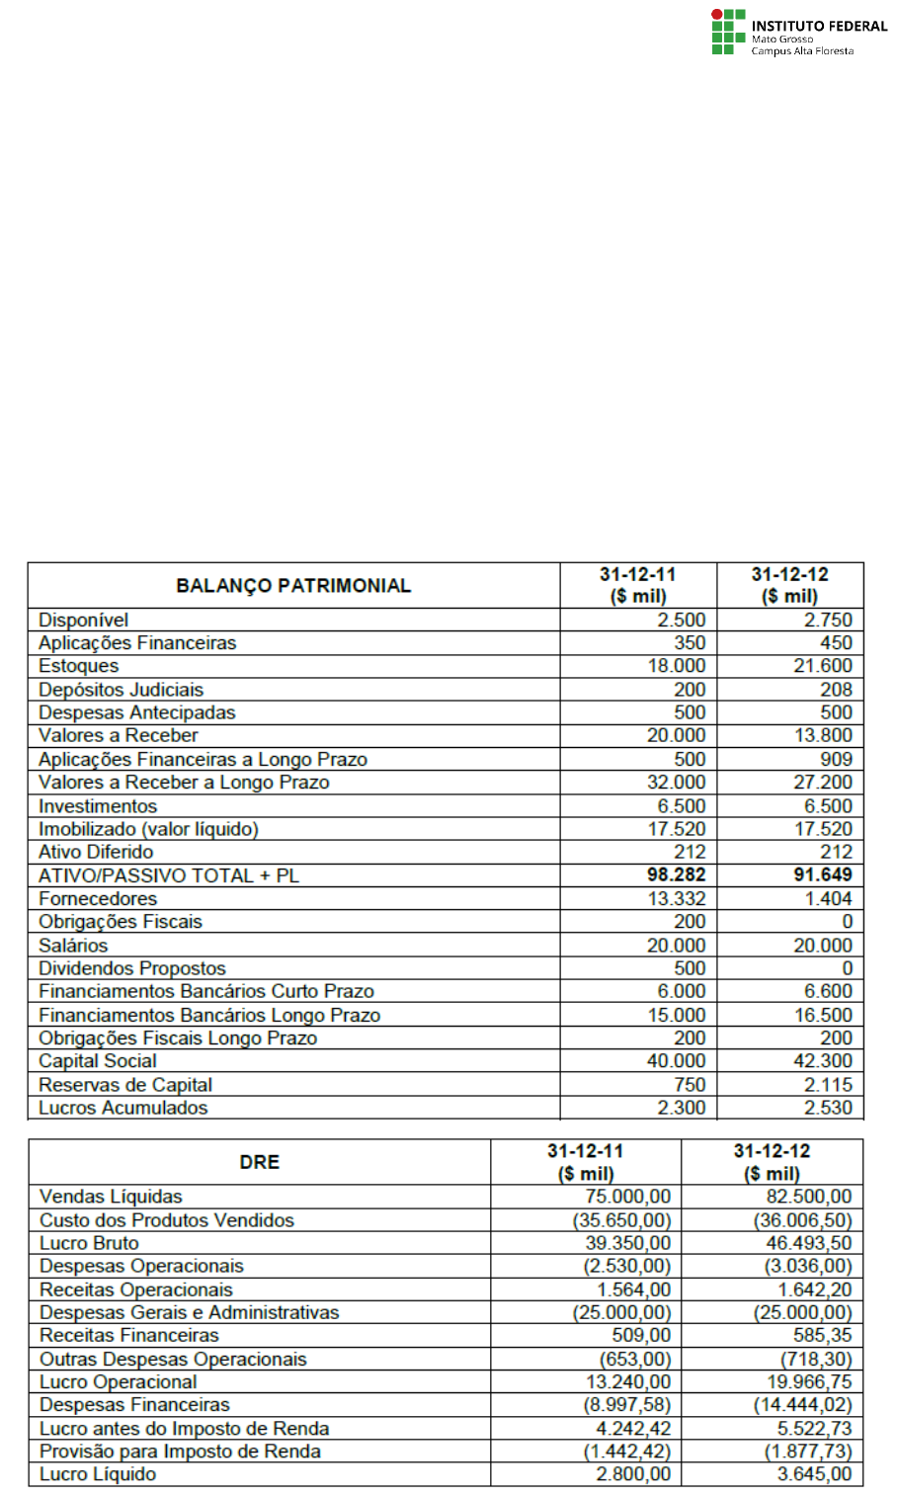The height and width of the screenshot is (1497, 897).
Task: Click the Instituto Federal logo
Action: (x=798, y=33)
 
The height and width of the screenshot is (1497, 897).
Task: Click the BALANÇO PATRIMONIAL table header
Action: (x=293, y=586)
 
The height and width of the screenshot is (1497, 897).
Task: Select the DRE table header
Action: (x=259, y=1162)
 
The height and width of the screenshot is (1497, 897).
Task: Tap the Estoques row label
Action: (x=78, y=666)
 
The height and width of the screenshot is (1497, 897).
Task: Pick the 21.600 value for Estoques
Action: (x=822, y=666)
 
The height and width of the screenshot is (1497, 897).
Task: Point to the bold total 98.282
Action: (x=676, y=874)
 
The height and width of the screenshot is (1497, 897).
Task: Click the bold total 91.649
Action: (x=822, y=874)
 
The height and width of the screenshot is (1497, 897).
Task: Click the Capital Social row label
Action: (x=97, y=1061)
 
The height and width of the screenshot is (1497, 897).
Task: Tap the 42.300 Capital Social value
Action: (x=822, y=1061)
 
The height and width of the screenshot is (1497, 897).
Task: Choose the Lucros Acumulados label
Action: (x=122, y=1108)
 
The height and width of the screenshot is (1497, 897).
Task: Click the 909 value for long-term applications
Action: (x=836, y=759)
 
